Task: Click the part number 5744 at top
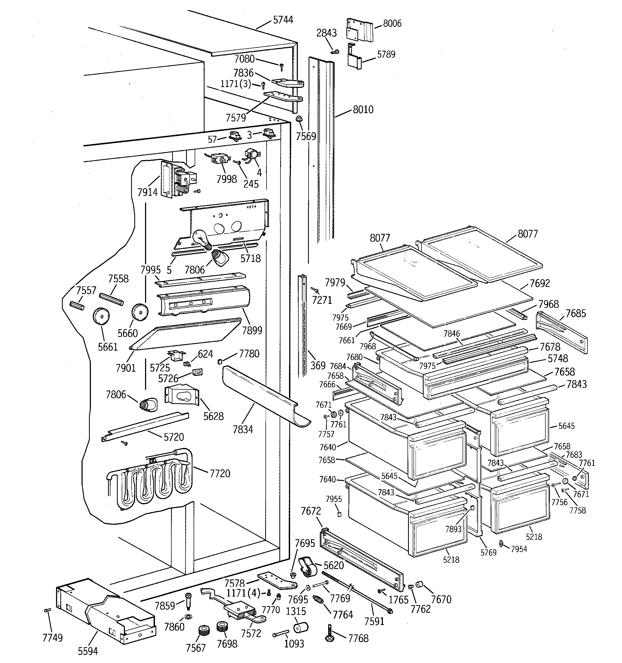[x=283, y=20]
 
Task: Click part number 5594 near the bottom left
[x=88, y=651]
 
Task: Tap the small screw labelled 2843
[x=335, y=52]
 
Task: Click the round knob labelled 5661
[x=101, y=316]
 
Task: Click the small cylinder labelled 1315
[x=301, y=628]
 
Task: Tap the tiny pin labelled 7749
[x=47, y=610]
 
